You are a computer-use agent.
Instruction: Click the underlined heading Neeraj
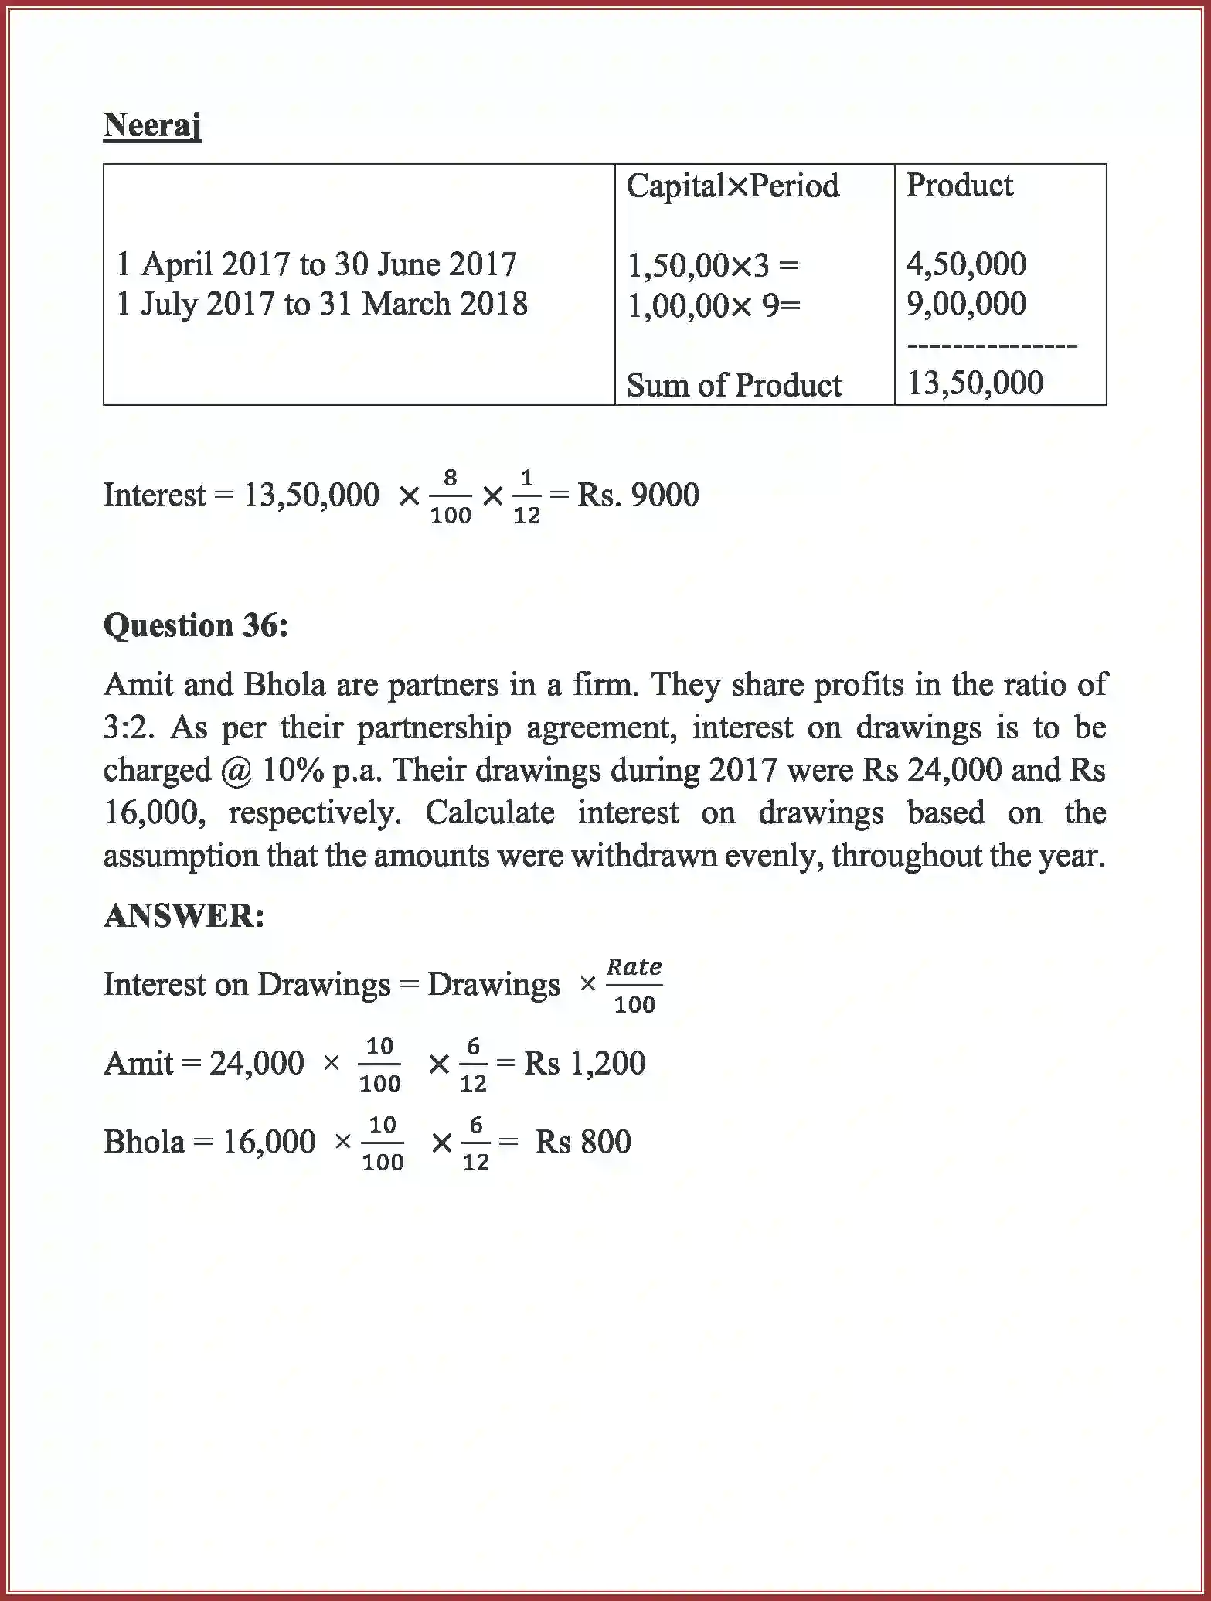[x=152, y=125]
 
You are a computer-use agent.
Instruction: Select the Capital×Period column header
[x=732, y=186]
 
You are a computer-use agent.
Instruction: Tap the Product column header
[x=959, y=186]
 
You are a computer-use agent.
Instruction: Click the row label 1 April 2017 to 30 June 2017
[x=316, y=264]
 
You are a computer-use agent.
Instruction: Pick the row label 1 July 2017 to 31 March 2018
[x=321, y=304]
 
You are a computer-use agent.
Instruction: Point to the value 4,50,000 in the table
[x=966, y=264]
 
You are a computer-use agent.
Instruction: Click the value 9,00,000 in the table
[x=966, y=304]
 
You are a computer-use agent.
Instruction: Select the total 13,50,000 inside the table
[x=975, y=383]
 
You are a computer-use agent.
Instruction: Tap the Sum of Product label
[x=733, y=385]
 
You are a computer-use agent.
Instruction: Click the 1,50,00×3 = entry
[x=713, y=266]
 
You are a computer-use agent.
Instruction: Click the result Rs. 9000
[x=638, y=495]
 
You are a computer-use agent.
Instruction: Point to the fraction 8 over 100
[x=450, y=496]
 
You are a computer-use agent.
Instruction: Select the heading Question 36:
[x=196, y=625]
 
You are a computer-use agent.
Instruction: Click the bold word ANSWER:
[x=184, y=916]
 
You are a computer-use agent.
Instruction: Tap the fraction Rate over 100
[x=634, y=986]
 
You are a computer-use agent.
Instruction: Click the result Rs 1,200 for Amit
[x=584, y=1063]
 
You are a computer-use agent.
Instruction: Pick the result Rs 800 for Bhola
[x=583, y=1142]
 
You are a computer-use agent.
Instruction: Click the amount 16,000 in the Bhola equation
[x=269, y=1142]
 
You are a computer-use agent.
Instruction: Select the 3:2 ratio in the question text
[x=124, y=727]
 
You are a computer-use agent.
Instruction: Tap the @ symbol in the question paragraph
[x=236, y=771]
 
